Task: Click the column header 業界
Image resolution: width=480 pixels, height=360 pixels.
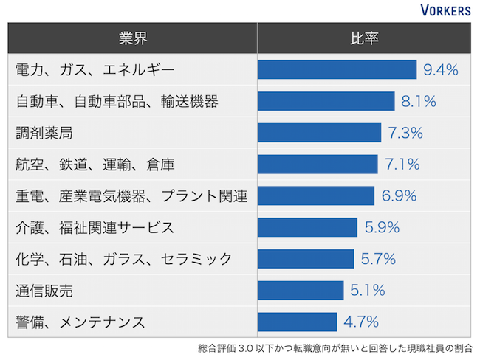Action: point(132,38)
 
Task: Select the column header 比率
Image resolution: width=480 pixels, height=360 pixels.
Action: point(364,38)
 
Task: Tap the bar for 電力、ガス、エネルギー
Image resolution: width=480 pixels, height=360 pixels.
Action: point(337,70)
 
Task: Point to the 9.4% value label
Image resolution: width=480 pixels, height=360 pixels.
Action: point(441,70)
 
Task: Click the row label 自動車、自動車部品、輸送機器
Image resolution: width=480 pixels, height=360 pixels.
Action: point(117,102)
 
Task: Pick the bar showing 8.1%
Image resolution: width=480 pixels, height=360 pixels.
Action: point(326,102)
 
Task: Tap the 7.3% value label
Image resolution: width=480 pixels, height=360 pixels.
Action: point(405,134)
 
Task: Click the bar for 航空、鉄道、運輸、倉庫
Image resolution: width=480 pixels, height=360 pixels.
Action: point(318,165)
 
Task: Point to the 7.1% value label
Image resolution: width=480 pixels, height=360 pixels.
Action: point(402,165)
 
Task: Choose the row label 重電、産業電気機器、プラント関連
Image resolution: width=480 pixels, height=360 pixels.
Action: point(131,196)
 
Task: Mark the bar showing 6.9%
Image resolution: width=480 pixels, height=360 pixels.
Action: point(316,196)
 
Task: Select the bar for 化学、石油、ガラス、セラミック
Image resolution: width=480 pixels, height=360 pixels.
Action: point(306,259)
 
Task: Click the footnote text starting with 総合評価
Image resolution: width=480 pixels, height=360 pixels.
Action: point(335,347)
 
